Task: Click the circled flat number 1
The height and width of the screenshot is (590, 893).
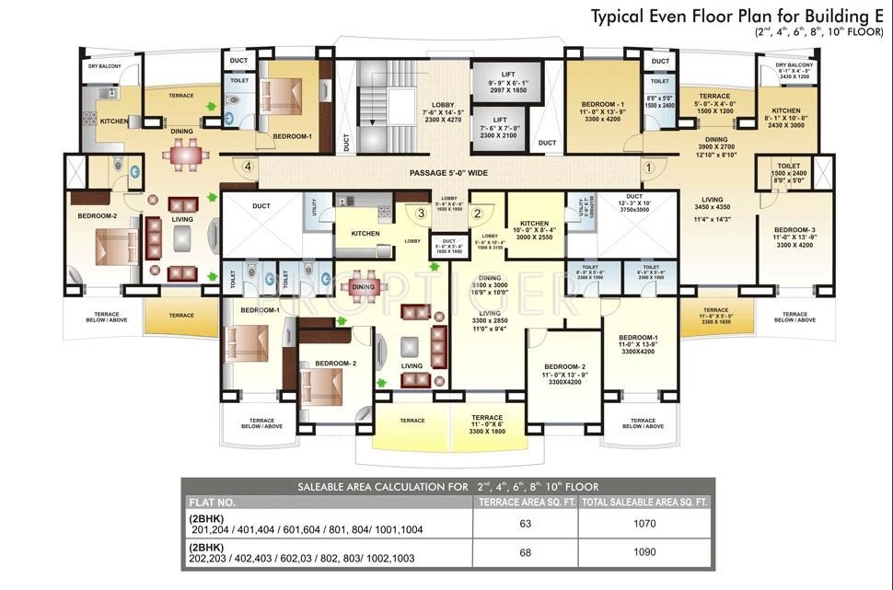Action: [647, 168]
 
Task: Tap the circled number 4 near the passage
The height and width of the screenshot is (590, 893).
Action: [248, 167]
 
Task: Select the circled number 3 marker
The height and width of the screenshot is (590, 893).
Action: [421, 214]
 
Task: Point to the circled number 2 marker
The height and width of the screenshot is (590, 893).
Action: [477, 214]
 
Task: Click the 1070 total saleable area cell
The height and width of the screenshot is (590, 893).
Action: [644, 523]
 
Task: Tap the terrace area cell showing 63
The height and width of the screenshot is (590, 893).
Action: [526, 523]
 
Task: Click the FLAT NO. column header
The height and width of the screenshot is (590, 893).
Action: [214, 503]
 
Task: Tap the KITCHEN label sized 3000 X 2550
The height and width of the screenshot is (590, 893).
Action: [534, 230]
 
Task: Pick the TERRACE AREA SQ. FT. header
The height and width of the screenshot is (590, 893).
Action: [526, 503]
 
